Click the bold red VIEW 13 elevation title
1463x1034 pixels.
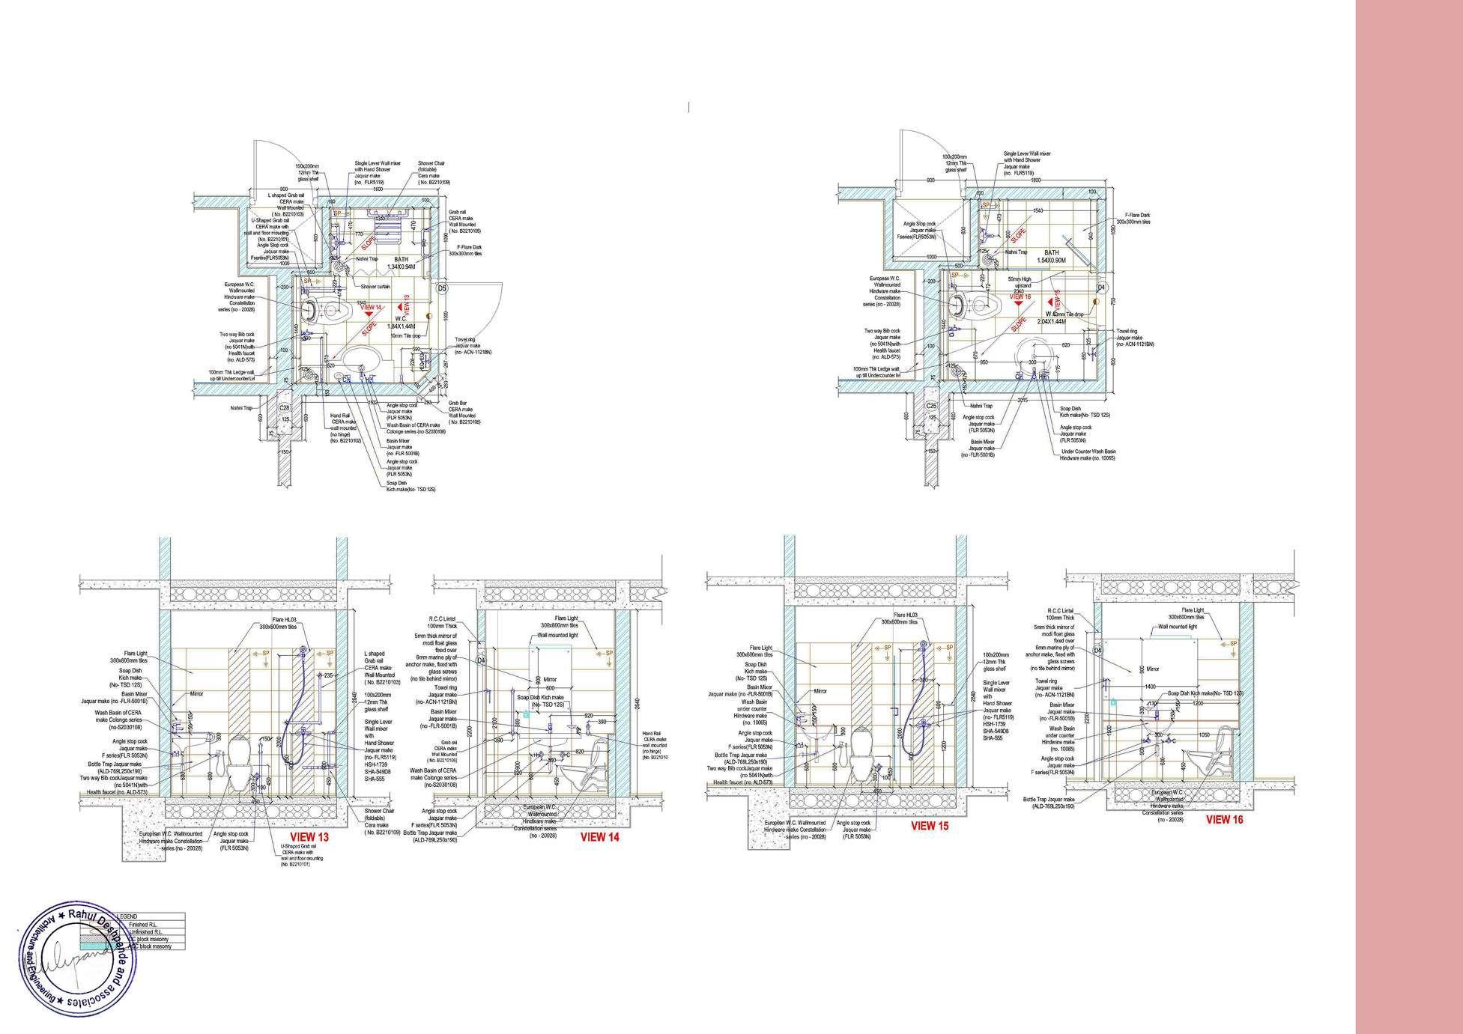point(309,837)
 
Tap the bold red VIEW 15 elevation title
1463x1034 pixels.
point(929,826)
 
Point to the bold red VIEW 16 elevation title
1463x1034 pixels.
point(1224,820)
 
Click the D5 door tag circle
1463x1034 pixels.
point(442,288)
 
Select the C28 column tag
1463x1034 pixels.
point(285,408)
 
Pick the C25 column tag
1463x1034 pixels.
point(931,406)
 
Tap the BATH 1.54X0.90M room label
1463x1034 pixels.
point(1052,257)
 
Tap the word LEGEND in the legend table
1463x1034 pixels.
point(127,916)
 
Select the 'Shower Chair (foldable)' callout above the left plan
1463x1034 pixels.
point(434,172)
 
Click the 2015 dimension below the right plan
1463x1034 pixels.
point(1023,401)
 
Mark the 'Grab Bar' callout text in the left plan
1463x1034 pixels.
point(458,403)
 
